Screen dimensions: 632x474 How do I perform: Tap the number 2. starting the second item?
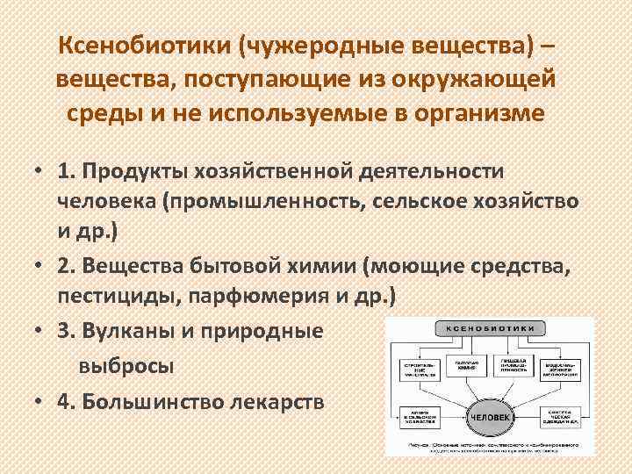pos(68,267)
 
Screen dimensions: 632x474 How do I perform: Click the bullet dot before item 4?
pos(40,400)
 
